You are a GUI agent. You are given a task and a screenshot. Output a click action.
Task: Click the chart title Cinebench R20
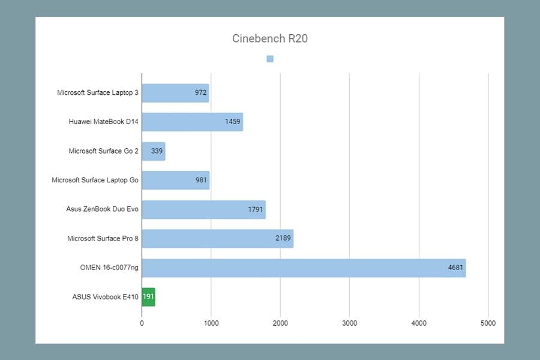269,38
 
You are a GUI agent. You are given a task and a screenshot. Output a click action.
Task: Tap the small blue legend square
270,59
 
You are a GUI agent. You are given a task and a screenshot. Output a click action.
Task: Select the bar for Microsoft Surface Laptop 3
175,93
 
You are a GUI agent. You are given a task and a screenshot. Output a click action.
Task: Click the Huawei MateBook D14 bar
192,122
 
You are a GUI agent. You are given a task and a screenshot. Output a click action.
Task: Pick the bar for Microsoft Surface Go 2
154,151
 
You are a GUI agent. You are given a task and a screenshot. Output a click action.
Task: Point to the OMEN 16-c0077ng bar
304,268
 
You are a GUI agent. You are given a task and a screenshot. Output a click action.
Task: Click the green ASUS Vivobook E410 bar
148,297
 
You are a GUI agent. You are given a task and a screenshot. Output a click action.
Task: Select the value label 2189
283,238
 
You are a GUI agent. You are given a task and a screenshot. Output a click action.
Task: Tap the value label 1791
256,209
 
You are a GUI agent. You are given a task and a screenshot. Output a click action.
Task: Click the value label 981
201,180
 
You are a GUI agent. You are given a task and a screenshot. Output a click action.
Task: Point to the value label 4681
455,268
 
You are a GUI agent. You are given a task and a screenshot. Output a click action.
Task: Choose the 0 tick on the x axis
142,323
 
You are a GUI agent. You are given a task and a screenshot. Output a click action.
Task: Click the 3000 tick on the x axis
350,323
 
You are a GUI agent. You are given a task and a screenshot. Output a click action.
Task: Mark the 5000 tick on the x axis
488,323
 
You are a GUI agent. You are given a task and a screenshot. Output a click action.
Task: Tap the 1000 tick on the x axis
211,323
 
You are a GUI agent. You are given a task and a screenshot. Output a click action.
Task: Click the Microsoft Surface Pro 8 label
103,238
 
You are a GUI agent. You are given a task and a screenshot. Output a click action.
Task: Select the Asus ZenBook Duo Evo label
102,209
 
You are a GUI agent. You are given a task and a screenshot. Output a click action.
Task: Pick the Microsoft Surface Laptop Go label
95,180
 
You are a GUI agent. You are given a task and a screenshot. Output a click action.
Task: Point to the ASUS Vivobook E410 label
106,297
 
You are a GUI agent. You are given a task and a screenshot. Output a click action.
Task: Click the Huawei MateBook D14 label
104,122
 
